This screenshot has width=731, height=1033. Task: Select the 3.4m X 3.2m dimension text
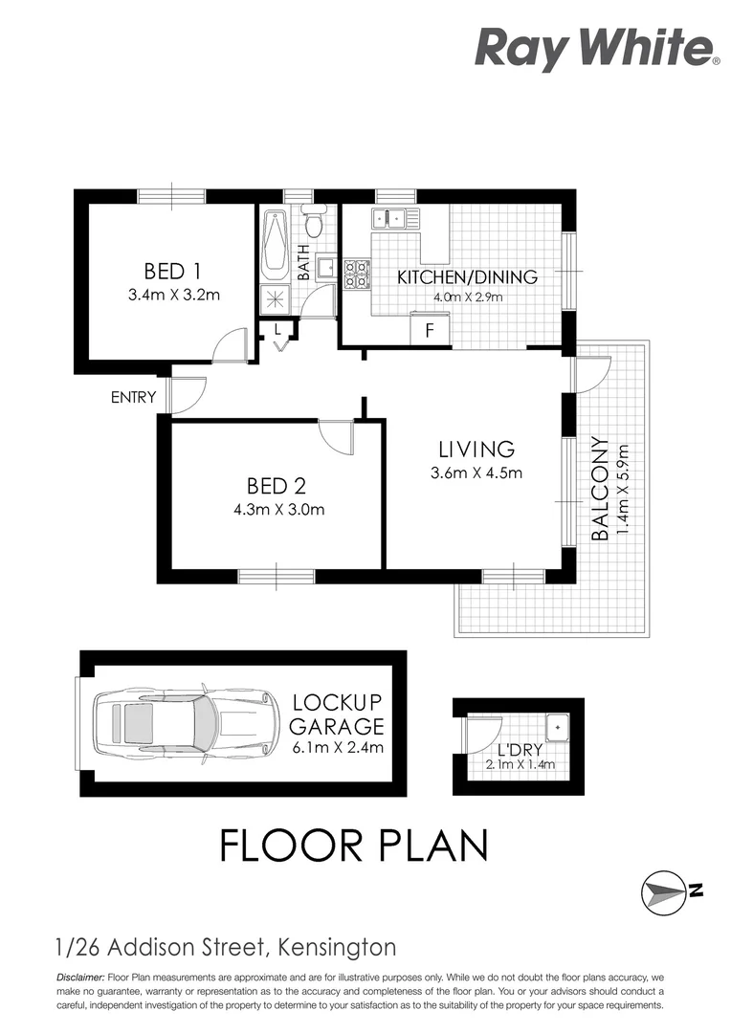pos(174,295)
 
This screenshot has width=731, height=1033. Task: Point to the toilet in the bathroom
pos(313,224)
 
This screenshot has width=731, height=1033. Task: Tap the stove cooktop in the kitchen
pos(357,275)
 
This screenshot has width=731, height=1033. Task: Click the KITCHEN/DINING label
pos(467,277)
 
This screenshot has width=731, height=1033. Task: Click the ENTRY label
pos(133,397)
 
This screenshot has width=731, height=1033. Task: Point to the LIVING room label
pos(476,449)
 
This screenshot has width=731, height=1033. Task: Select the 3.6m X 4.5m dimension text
pos(476,473)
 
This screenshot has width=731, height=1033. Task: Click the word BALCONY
pos(601,490)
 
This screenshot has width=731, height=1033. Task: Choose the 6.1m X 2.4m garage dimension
pos(338,747)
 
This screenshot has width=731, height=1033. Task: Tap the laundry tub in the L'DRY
pos(557,728)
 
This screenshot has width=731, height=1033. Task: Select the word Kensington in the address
pos(334,948)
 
